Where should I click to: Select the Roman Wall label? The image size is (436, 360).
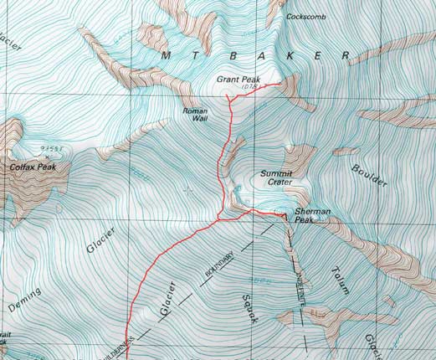click(194, 116)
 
